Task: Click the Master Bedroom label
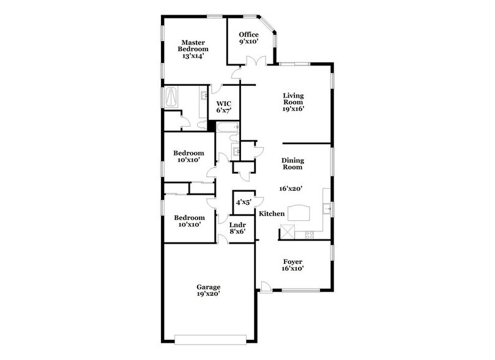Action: coord(193,45)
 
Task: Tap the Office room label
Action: coord(248,34)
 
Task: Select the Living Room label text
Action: coord(294,99)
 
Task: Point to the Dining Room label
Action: coord(292,164)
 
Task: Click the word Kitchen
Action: coord(271,214)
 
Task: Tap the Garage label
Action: coord(208,287)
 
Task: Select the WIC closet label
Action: coord(223,104)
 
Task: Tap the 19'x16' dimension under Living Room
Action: coord(294,109)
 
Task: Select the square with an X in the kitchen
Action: coord(287,233)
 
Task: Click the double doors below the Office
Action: coord(253,62)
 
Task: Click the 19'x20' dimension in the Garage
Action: coord(208,294)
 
